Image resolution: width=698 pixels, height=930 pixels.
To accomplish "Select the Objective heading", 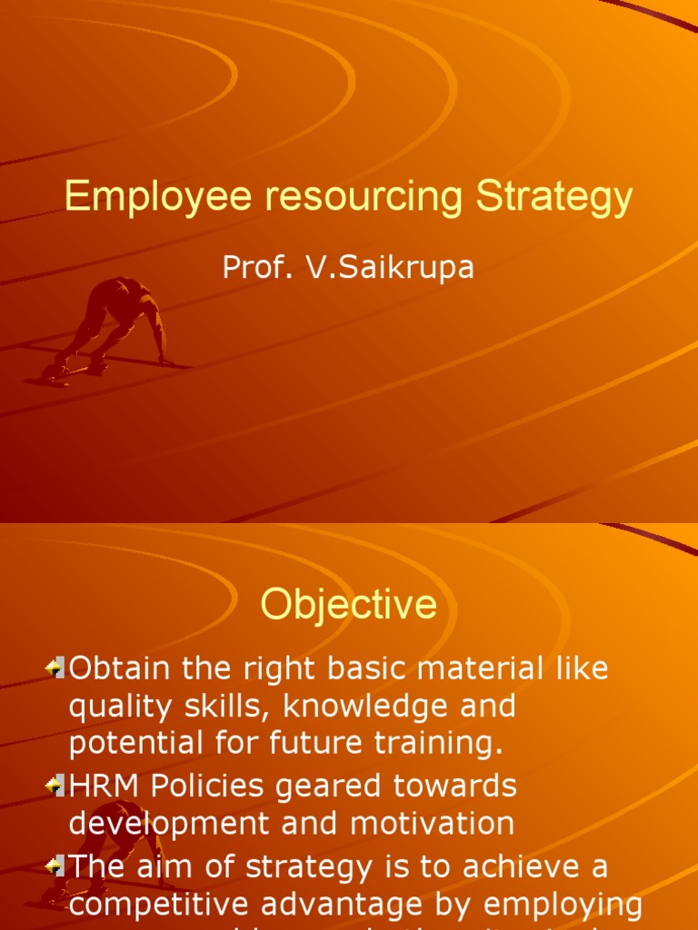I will coord(349,605).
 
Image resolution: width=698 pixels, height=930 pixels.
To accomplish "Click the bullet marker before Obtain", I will coord(55,669).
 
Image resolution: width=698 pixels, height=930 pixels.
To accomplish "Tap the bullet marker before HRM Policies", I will coord(55,786).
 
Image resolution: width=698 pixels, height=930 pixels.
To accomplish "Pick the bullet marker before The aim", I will coord(55,866).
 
